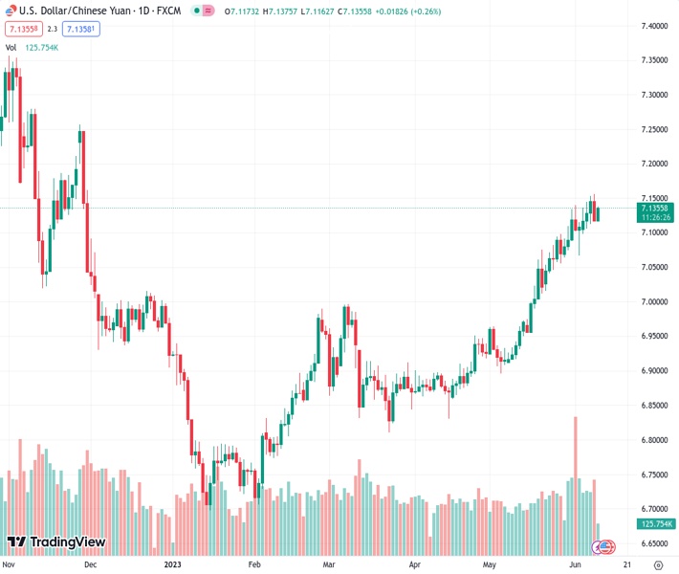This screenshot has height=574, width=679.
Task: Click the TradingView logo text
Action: pos(67,542)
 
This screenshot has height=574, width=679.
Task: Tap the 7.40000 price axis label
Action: pos(655,26)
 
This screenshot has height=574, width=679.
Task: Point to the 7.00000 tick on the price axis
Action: pos(655,302)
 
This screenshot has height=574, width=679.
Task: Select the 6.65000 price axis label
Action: pos(655,543)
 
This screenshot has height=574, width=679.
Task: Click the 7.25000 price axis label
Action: pos(655,129)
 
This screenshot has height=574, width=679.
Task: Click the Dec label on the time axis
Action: pos(90,564)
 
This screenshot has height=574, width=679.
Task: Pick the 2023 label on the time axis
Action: pos(173,564)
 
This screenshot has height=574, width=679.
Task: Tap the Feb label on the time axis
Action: pos(254,564)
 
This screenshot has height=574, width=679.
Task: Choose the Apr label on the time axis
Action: pos(414,564)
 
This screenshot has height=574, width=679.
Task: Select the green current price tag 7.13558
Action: pos(656,208)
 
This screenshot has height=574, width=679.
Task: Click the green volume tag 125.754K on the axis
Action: pos(656,523)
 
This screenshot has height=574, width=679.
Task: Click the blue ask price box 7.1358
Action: pos(82,29)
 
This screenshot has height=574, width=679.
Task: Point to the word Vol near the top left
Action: pos(11,47)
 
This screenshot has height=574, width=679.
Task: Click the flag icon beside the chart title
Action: pos(11,11)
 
